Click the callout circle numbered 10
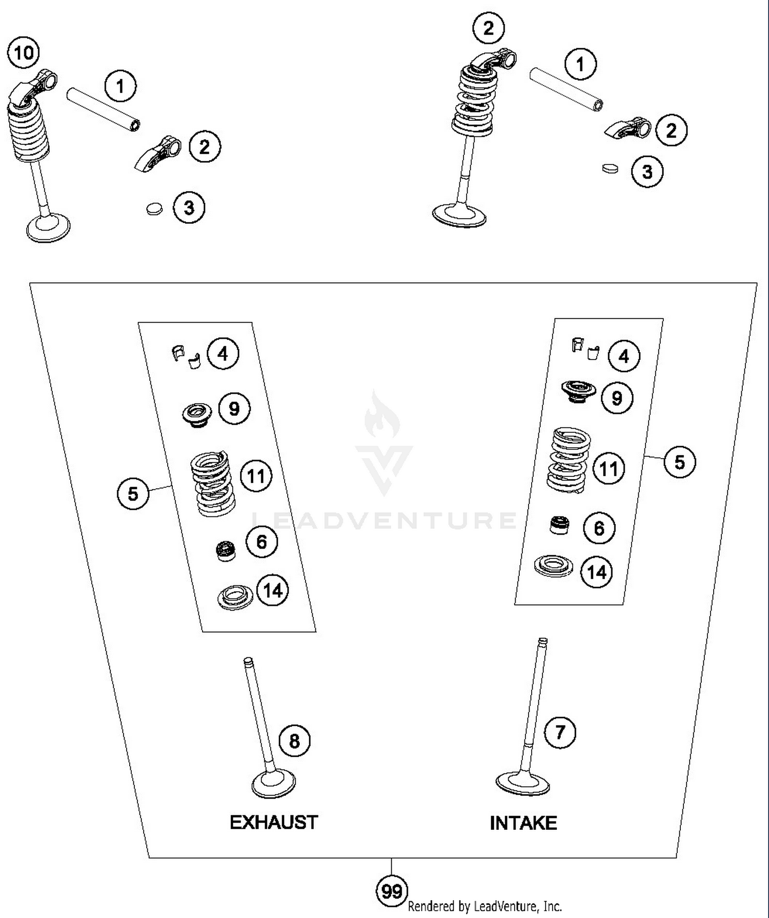[x=24, y=53]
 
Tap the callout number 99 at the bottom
[x=392, y=891]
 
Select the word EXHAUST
[x=274, y=822]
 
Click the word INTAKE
[x=523, y=823]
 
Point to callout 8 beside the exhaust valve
[x=294, y=741]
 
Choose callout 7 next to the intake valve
[x=560, y=732]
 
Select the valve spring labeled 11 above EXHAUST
[x=212, y=483]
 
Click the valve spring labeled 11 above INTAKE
[x=569, y=460]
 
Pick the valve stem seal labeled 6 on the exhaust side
[x=226, y=551]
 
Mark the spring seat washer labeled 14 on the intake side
[x=553, y=566]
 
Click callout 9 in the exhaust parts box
[x=234, y=409]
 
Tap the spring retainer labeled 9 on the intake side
[x=579, y=391]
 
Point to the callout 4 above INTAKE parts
[x=623, y=356]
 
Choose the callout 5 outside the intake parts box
[x=679, y=462]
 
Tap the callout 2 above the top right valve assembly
[x=489, y=28]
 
